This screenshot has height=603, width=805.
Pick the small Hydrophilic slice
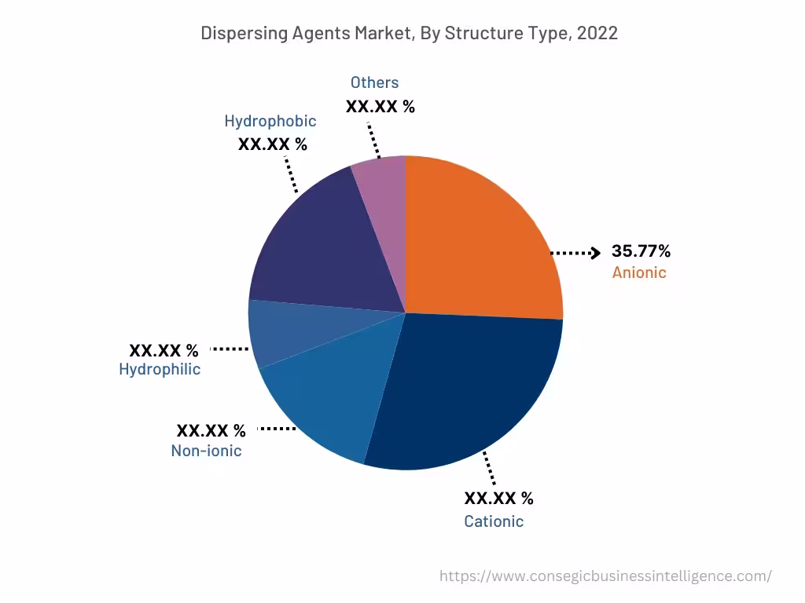tap(275, 334)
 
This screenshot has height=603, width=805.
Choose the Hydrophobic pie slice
tap(314, 243)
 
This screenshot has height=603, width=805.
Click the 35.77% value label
tap(641, 252)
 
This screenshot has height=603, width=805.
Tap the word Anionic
tap(639, 273)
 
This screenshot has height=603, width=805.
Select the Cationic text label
tap(494, 521)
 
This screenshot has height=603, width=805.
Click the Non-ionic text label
tap(206, 451)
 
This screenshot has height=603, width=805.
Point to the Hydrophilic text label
tap(160, 369)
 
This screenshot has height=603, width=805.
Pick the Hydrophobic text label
tap(270, 121)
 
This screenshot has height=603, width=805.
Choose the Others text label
tap(374, 82)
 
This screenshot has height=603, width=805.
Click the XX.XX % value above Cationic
tap(498, 499)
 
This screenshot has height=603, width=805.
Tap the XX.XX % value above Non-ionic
tap(211, 430)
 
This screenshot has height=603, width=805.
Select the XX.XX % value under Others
tap(380, 106)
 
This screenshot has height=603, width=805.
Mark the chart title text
tap(409, 33)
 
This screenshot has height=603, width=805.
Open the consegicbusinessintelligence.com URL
tap(605, 576)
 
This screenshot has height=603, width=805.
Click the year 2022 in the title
tap(597, 33)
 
